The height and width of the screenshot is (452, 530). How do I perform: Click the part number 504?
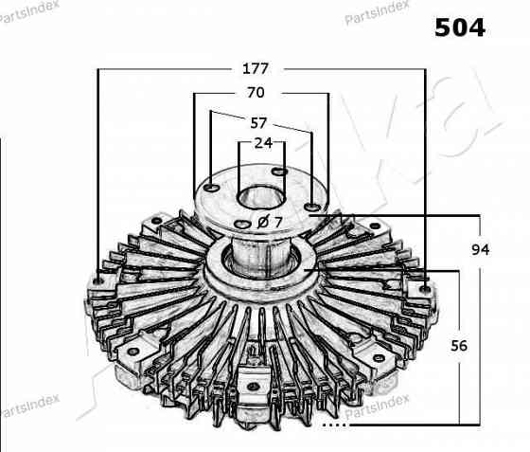[x=460, y=27]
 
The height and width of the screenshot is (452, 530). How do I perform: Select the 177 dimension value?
[x=256, y=68]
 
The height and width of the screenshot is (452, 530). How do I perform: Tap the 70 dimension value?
[x=256, y=92]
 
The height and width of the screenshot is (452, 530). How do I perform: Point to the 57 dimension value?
[x=258, y=123]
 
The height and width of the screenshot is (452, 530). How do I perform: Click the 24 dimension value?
[x=263, y=143]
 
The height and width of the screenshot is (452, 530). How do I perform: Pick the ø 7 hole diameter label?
[x=270, y=223]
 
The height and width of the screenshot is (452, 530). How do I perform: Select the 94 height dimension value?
[x=481, y=249]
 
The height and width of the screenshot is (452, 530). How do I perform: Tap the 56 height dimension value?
[x=459, y=346]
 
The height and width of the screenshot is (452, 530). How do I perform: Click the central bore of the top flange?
[x=261, y=198]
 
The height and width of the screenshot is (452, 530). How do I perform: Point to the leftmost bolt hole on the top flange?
[x=213, y=187]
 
